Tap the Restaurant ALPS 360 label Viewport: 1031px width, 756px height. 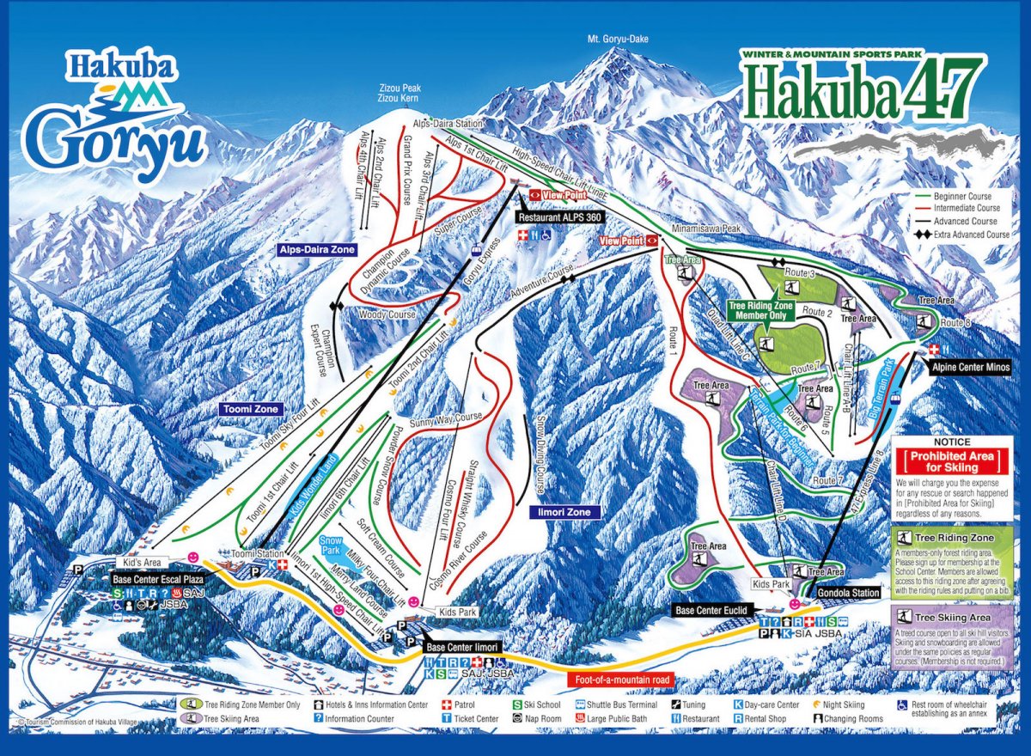click(559, 218)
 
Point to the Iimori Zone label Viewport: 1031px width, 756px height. click(564, 512)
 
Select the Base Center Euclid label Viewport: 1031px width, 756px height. click(713, 609)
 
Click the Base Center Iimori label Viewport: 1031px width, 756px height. click(461, 647)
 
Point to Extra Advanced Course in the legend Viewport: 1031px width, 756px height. click(967, 235)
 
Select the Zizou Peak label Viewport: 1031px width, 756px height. click(400, 88)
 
